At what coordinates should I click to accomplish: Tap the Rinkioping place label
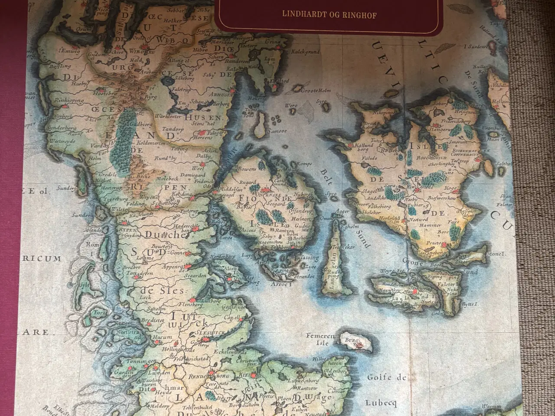[69, 100]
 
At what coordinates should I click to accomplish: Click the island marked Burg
[356, 342]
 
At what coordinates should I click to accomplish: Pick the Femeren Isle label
[320, 339]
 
